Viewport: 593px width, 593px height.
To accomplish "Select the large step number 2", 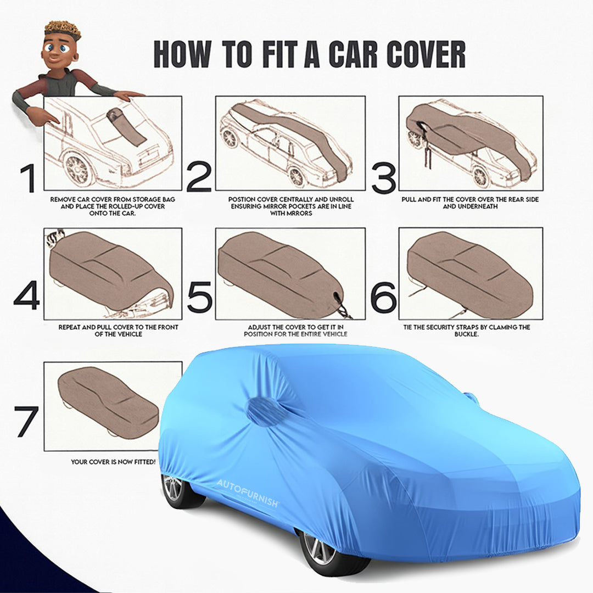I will (x=199, y=178).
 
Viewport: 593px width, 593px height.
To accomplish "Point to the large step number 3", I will (x=383, y=178).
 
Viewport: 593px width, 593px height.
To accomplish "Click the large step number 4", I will (x=27, y=296).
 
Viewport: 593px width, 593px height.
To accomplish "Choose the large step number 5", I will (x=199, y=296).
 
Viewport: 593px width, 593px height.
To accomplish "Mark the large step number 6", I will (x=383, y=296).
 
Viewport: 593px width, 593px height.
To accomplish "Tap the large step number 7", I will (x=27, y=422).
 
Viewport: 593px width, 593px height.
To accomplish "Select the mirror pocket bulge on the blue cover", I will (x=265, y=411).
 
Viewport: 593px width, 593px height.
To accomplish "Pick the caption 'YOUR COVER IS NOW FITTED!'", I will (x=113, y=462).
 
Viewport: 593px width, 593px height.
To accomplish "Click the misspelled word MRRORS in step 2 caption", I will (x=299, y=213).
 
